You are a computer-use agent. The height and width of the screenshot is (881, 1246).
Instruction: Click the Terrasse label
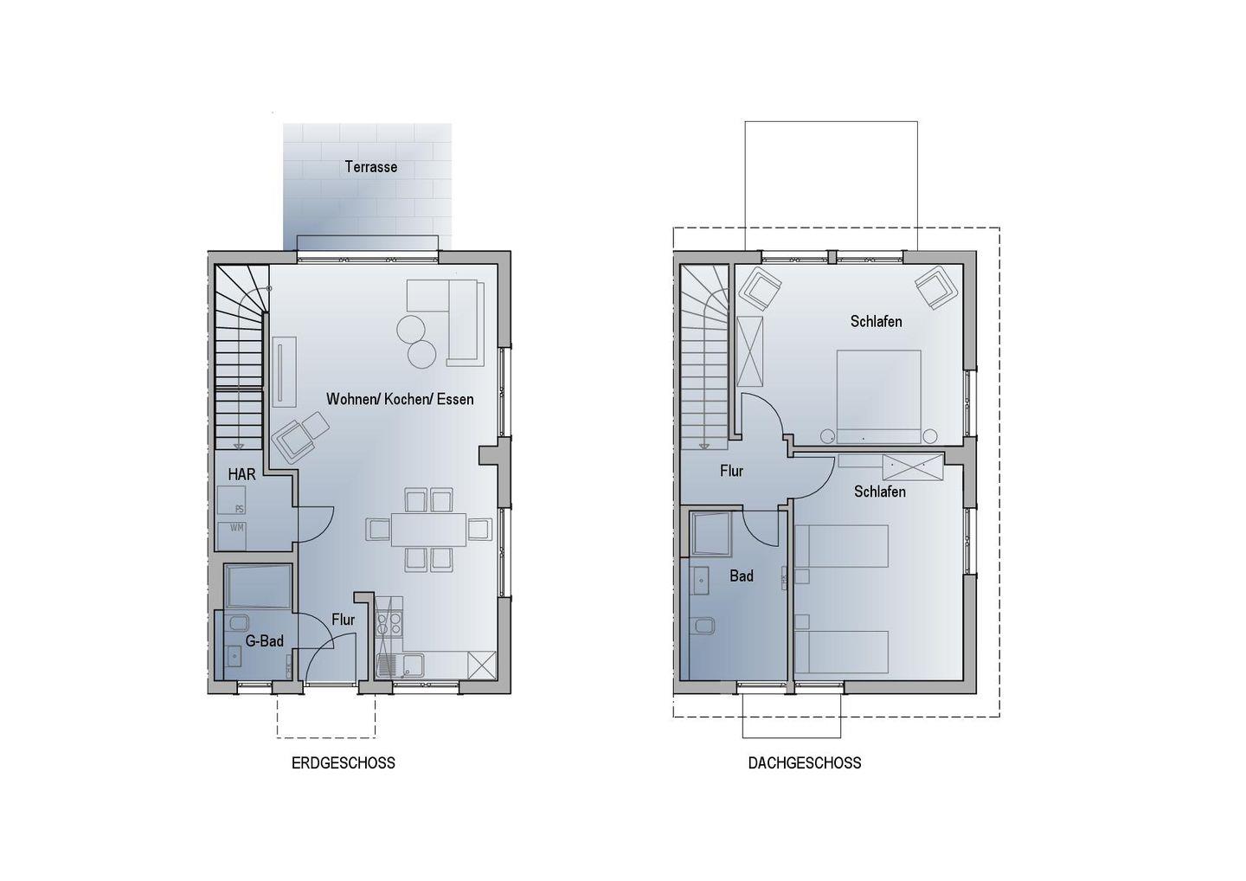pyautogui.click(x=371, y=167)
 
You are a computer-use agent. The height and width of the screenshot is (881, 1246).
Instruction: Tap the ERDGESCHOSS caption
pyautogui.click(x=344, y=762)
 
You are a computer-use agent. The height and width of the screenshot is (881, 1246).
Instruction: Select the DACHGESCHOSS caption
pyautogui.click(x=805, y=762)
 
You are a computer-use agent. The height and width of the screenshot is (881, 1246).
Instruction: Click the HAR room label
pyautogui.click(x=241, y=474)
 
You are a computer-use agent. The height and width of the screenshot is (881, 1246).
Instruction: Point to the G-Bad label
pyautogui.click(x=265, y=641)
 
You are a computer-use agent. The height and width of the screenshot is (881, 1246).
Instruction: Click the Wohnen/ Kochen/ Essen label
pyautogui.click(x=400, y=399)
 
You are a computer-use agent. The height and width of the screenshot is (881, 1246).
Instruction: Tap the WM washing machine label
pyautogui.click(x=236, y=528)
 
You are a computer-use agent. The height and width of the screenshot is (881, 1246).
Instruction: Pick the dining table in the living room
pyautogui.click(x=428, y=530)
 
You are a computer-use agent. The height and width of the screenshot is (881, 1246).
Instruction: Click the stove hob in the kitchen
pyautogui.click(x=389, y=623)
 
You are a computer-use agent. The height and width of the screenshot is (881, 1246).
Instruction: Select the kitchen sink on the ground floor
pyautogui.click(x=400, y=666)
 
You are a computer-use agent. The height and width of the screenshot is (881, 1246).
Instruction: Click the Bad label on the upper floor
pyautogui.click(x=742, y=576)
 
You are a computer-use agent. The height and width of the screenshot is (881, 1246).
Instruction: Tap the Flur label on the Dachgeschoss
pyautogui.click(x=731, y=471)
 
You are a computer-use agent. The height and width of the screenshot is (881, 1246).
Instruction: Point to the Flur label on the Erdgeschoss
pyautogui.click(x=344, y=620)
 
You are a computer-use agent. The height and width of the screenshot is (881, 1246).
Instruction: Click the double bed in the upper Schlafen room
pyautogui.click(x=878, y=396)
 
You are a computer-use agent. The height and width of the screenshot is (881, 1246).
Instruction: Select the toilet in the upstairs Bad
pyautogui.click(x=704, y=627)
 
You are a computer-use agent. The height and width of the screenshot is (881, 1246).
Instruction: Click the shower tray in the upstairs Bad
pyautogui.click(x=710, y=534)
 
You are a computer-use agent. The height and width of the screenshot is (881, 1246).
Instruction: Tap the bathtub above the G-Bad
pyautogui.click(x=258, y=587)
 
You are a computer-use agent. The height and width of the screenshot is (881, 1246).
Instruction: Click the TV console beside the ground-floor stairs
pyautogui.click(x=284, y=371)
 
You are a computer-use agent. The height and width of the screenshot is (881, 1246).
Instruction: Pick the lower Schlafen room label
pyautogui.click(x=879, y=492)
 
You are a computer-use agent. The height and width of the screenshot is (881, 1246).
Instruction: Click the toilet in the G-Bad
pyautogui.click(x=237, y=623)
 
